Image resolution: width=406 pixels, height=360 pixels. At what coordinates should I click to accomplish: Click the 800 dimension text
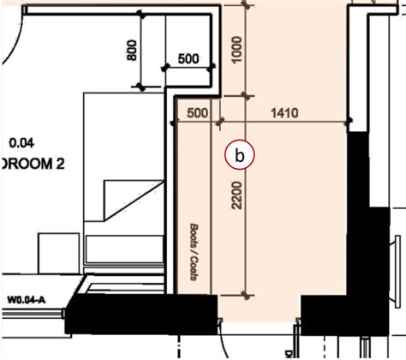coord(131,51)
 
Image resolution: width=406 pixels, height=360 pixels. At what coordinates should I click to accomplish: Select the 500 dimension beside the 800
coord(189,59)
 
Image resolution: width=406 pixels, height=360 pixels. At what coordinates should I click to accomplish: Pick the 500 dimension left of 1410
coord(197,112)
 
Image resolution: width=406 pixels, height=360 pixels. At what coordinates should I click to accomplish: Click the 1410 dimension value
coord(284,111)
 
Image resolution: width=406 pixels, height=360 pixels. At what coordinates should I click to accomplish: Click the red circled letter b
coord(240,156)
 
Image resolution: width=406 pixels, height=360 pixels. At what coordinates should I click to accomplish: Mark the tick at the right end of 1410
coord(350,121)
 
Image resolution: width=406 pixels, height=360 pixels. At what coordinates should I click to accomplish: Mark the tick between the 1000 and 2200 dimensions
coord(247,93)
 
